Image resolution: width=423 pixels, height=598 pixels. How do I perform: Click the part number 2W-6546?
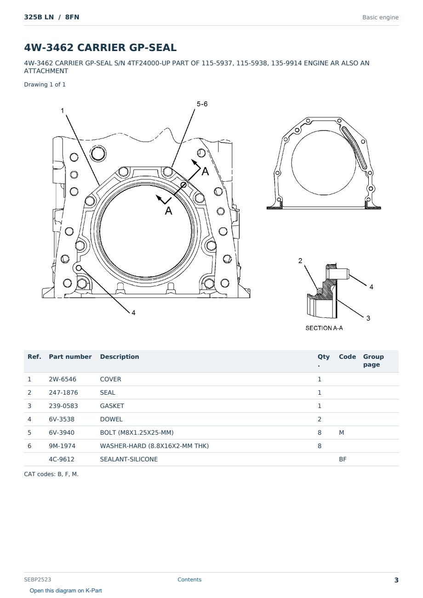(62, 379)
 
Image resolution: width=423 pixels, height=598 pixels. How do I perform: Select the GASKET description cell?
(112, 406)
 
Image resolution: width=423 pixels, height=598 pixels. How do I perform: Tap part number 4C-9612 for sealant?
(62, 459)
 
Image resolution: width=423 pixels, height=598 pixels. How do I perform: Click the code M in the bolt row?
(341, 432)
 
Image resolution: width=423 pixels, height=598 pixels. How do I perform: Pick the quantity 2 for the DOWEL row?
(320, 419)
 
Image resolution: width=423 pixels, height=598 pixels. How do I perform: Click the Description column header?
(119, 356)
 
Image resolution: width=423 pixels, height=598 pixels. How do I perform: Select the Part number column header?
(70, 356)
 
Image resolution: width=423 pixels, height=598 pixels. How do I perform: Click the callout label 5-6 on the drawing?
(202, 104)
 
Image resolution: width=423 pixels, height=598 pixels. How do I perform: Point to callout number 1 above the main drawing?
(63, 110)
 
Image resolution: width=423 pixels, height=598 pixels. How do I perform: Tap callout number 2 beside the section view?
(300, 260)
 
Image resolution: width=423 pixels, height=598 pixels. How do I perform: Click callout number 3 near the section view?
(368, 318)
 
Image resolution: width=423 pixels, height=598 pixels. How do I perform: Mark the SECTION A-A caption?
(324, 328)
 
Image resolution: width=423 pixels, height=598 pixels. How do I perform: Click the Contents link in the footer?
(189, 580)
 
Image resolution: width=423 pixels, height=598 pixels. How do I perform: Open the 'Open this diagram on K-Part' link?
(66, 591)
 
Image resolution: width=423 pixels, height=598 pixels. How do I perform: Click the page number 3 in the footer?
(396, 580)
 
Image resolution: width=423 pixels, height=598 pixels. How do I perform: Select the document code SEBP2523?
(37, 579)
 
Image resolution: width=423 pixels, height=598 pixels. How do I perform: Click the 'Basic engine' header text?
(380, 17)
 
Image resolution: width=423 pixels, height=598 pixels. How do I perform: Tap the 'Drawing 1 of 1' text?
(45, 85)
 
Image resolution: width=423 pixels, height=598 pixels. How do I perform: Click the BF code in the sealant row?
(343, 459)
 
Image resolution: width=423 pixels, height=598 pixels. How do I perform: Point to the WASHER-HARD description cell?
(154, 446)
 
